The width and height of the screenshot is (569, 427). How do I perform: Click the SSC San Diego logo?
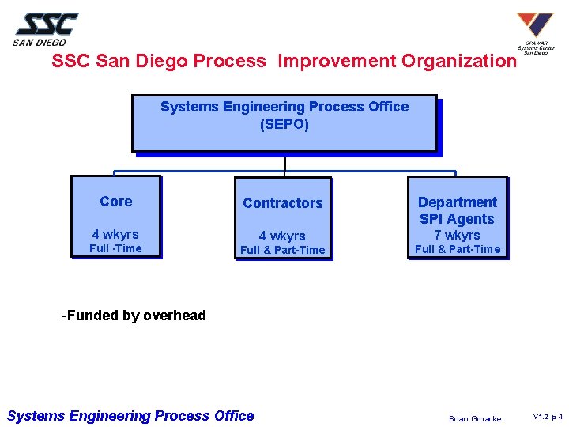coord(46,29)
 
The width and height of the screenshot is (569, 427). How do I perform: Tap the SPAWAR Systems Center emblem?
coord(535,32)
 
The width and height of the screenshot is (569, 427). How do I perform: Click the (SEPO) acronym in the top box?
coord(284,124)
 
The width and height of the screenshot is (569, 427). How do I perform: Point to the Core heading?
coord(116,202)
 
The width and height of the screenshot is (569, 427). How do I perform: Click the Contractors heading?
coord(283,203)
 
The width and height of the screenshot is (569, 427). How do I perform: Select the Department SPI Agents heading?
coord(458,211)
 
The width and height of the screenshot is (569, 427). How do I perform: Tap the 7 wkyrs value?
coord(458,235)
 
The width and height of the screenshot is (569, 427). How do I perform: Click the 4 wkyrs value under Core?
coord(115,234)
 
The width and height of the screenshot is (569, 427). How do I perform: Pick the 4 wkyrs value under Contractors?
coord(282,236)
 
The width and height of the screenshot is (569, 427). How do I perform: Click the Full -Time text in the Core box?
coord(115,248)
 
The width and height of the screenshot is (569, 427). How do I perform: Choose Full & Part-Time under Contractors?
coord(282,251)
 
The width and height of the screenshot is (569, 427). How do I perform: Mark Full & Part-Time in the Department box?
coord(458,249)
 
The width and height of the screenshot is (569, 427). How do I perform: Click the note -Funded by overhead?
coord(134,316)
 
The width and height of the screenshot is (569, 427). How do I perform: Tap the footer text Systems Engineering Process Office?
coord(130,416)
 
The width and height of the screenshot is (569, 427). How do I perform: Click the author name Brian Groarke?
coord(475,418)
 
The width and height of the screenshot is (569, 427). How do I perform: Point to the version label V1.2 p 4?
coord(548,417)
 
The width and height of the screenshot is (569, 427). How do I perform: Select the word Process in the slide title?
coord(229,62)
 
